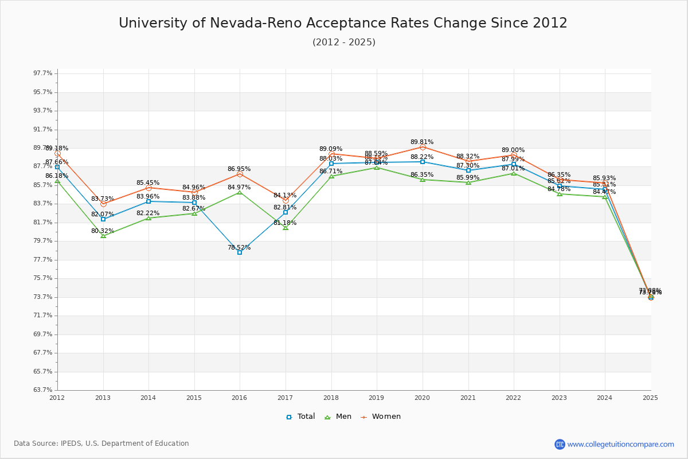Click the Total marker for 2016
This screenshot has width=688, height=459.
[x=240, y=252]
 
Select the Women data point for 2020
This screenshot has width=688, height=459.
[x=423, y=147]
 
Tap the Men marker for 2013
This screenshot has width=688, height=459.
[x=103, y=236]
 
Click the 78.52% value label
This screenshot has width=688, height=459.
[x=239, y=247]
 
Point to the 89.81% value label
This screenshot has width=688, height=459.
[x=422, y=142]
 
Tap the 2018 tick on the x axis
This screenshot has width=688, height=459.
[x=331, y=397]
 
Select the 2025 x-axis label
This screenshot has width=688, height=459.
[x=650, y=397]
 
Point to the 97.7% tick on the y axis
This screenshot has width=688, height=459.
[x=43, y=73]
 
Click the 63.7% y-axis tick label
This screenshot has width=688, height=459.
[x=43, y=390]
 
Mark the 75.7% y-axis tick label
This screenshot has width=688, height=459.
[x=43, y=278]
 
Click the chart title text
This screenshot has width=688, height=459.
[x=343, y=23]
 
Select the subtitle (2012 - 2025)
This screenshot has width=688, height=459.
[x=344, y=42]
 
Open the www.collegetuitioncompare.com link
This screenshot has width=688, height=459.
[x=620, y=444]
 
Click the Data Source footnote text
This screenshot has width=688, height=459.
[x=101, y=444]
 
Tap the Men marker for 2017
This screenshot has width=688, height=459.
[x=286, y=228]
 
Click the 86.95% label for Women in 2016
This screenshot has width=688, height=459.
[x=239, y=169]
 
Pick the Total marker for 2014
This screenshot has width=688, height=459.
[x=148, y=201]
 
